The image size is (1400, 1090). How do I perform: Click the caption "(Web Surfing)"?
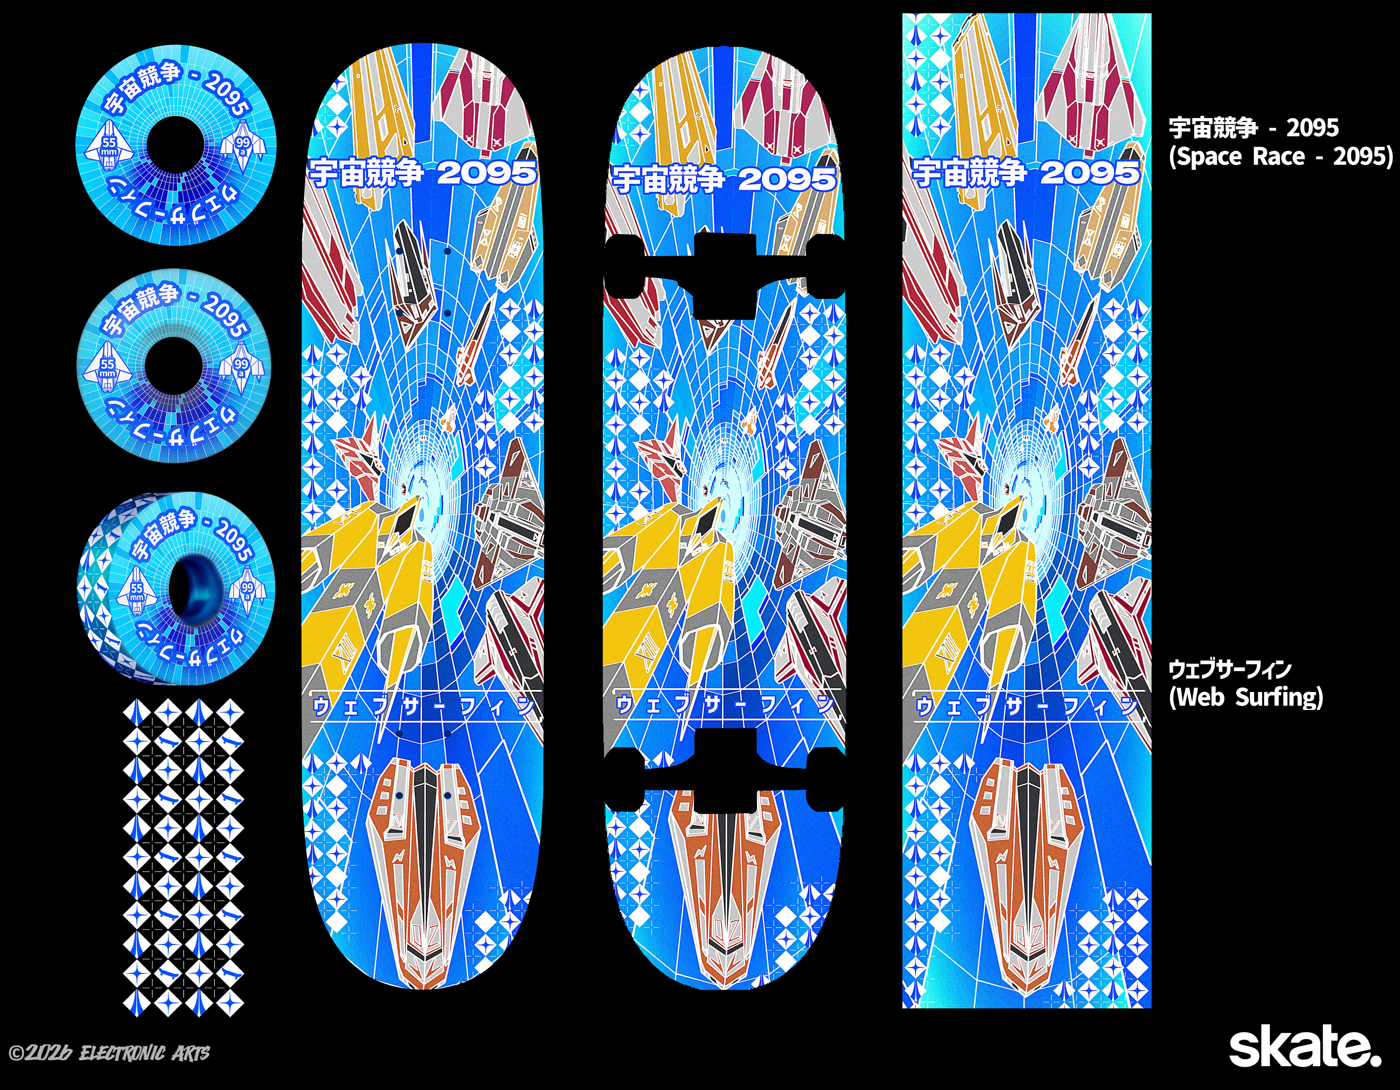click(x=1245, y=696)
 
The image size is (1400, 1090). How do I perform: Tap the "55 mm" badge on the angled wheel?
click(x=137, y=591)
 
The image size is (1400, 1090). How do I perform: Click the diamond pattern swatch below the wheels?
click(x=183, y=859)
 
